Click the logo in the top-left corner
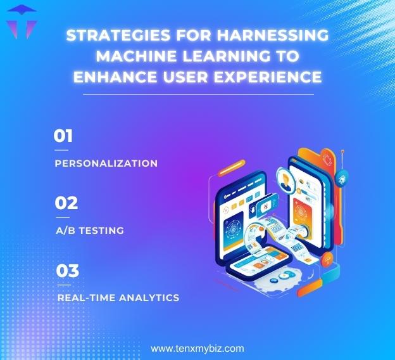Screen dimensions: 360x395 coord(21,22)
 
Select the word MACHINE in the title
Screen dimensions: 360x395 coord(131,56)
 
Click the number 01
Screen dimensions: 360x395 coord(64,136)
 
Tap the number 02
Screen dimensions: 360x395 coord(66,203)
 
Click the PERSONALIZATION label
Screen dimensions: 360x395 coord(106,163)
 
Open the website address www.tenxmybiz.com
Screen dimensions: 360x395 coord(197,349)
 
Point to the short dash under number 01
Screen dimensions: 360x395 coord(61,150)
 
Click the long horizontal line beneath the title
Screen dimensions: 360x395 coord(197,94)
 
